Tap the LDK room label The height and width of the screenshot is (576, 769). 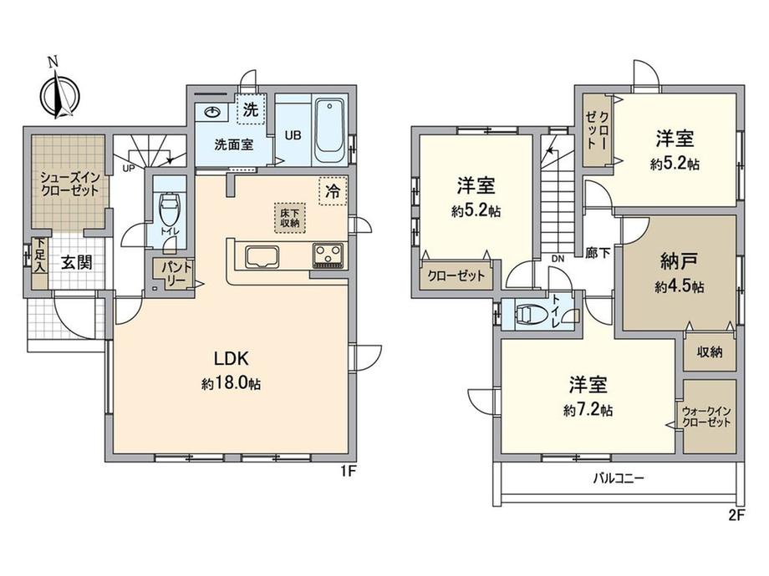point(232,358)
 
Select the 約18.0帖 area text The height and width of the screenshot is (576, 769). point(231,383)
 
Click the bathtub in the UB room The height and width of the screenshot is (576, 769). point(329,130)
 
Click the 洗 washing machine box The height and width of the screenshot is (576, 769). point(251,109)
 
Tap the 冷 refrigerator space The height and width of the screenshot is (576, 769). point(333,191)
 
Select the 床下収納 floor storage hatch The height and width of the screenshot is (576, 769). point(290,218)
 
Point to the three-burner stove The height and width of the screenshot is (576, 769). point(329,255)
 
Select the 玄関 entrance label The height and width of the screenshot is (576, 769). point(77,262)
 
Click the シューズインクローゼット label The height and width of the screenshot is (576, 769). point(70,184)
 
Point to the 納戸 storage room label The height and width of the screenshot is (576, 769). point(680,261)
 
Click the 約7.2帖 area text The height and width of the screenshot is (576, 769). point(588,410)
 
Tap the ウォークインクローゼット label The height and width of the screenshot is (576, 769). point(706,417)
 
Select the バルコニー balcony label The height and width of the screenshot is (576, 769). point(619,478)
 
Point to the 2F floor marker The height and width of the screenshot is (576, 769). point(736,515)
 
